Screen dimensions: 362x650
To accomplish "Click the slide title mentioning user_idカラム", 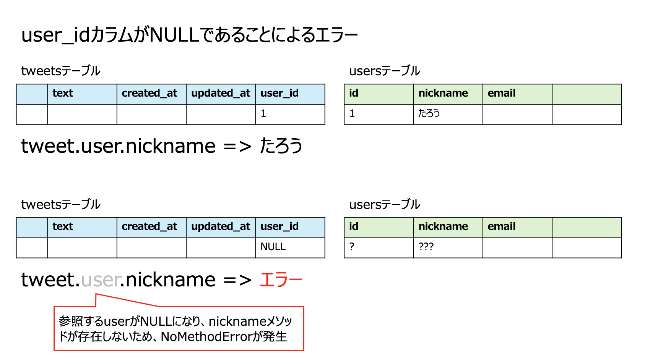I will (189, 35).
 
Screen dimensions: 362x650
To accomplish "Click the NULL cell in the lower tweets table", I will (273, 247).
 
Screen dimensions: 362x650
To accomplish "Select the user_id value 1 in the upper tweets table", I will (263, 113).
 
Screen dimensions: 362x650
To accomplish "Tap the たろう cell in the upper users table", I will (429, 113).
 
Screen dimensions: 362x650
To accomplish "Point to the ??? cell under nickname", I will (426, 247).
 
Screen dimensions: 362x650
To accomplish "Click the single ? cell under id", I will (352, 247).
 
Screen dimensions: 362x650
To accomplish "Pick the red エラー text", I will (281, 280).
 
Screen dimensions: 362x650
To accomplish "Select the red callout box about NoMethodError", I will (179, 329).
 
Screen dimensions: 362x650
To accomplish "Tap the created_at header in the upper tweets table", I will (149, 94).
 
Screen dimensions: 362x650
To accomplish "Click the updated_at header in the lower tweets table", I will (221, 227).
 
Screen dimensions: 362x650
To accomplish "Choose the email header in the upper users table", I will (501, 94).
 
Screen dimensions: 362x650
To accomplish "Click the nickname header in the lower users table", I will (443, 227).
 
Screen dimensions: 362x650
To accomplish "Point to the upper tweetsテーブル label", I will (61, 71).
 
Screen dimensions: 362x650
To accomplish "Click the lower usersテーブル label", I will (385, 205).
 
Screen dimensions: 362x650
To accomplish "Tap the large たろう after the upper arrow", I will (281, 146).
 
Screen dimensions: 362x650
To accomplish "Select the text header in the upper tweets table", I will (63, 94).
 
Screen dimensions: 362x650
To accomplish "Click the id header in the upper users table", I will (354, 94).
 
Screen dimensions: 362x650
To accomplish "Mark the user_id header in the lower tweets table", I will (279, 227).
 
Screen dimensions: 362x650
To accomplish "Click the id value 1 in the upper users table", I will (352, 113).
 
